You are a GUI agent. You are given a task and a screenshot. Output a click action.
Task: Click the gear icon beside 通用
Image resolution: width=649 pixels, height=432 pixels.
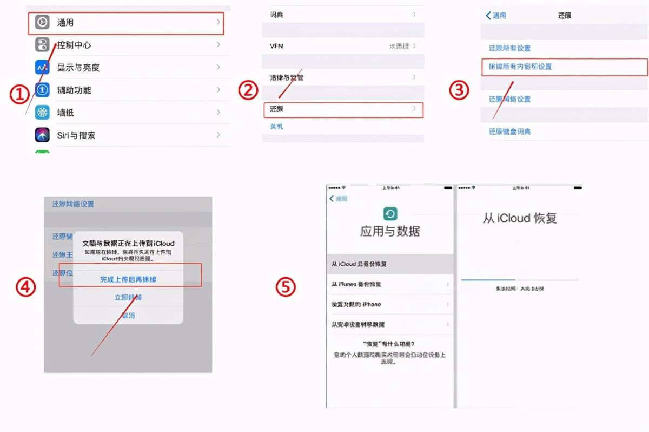[42, 22]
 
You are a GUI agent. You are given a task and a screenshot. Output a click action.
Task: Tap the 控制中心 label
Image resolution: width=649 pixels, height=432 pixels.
[74, 45]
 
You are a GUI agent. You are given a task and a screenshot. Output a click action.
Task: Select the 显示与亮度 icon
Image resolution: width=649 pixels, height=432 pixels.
[42, 68]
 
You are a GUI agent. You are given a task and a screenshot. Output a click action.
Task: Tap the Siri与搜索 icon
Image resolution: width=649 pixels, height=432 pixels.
[42, 135]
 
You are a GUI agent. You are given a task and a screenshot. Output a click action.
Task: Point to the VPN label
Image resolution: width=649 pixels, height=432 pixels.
[276, 46]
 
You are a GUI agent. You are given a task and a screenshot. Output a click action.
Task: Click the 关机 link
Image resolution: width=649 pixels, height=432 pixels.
[276, 127]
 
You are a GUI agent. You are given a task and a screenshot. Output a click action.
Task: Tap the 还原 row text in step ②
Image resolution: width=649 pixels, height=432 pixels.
[276, 109]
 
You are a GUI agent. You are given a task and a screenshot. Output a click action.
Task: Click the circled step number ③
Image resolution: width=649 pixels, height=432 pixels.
[459, 90]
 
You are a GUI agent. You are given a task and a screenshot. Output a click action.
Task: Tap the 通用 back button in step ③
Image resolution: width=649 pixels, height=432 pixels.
[496, 16]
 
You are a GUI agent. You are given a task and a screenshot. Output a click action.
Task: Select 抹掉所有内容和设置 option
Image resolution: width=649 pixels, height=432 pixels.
[520, 67]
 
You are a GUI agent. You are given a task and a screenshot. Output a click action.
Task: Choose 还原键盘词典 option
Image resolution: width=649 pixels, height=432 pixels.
[509, 132]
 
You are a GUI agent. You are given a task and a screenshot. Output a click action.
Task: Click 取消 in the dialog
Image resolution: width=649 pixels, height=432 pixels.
[128, 315]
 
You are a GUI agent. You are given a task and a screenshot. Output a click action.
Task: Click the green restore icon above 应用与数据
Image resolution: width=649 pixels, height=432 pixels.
[390, 213]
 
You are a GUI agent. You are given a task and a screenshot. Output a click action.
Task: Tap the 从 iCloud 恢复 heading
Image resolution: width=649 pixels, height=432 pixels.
[519, 218]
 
